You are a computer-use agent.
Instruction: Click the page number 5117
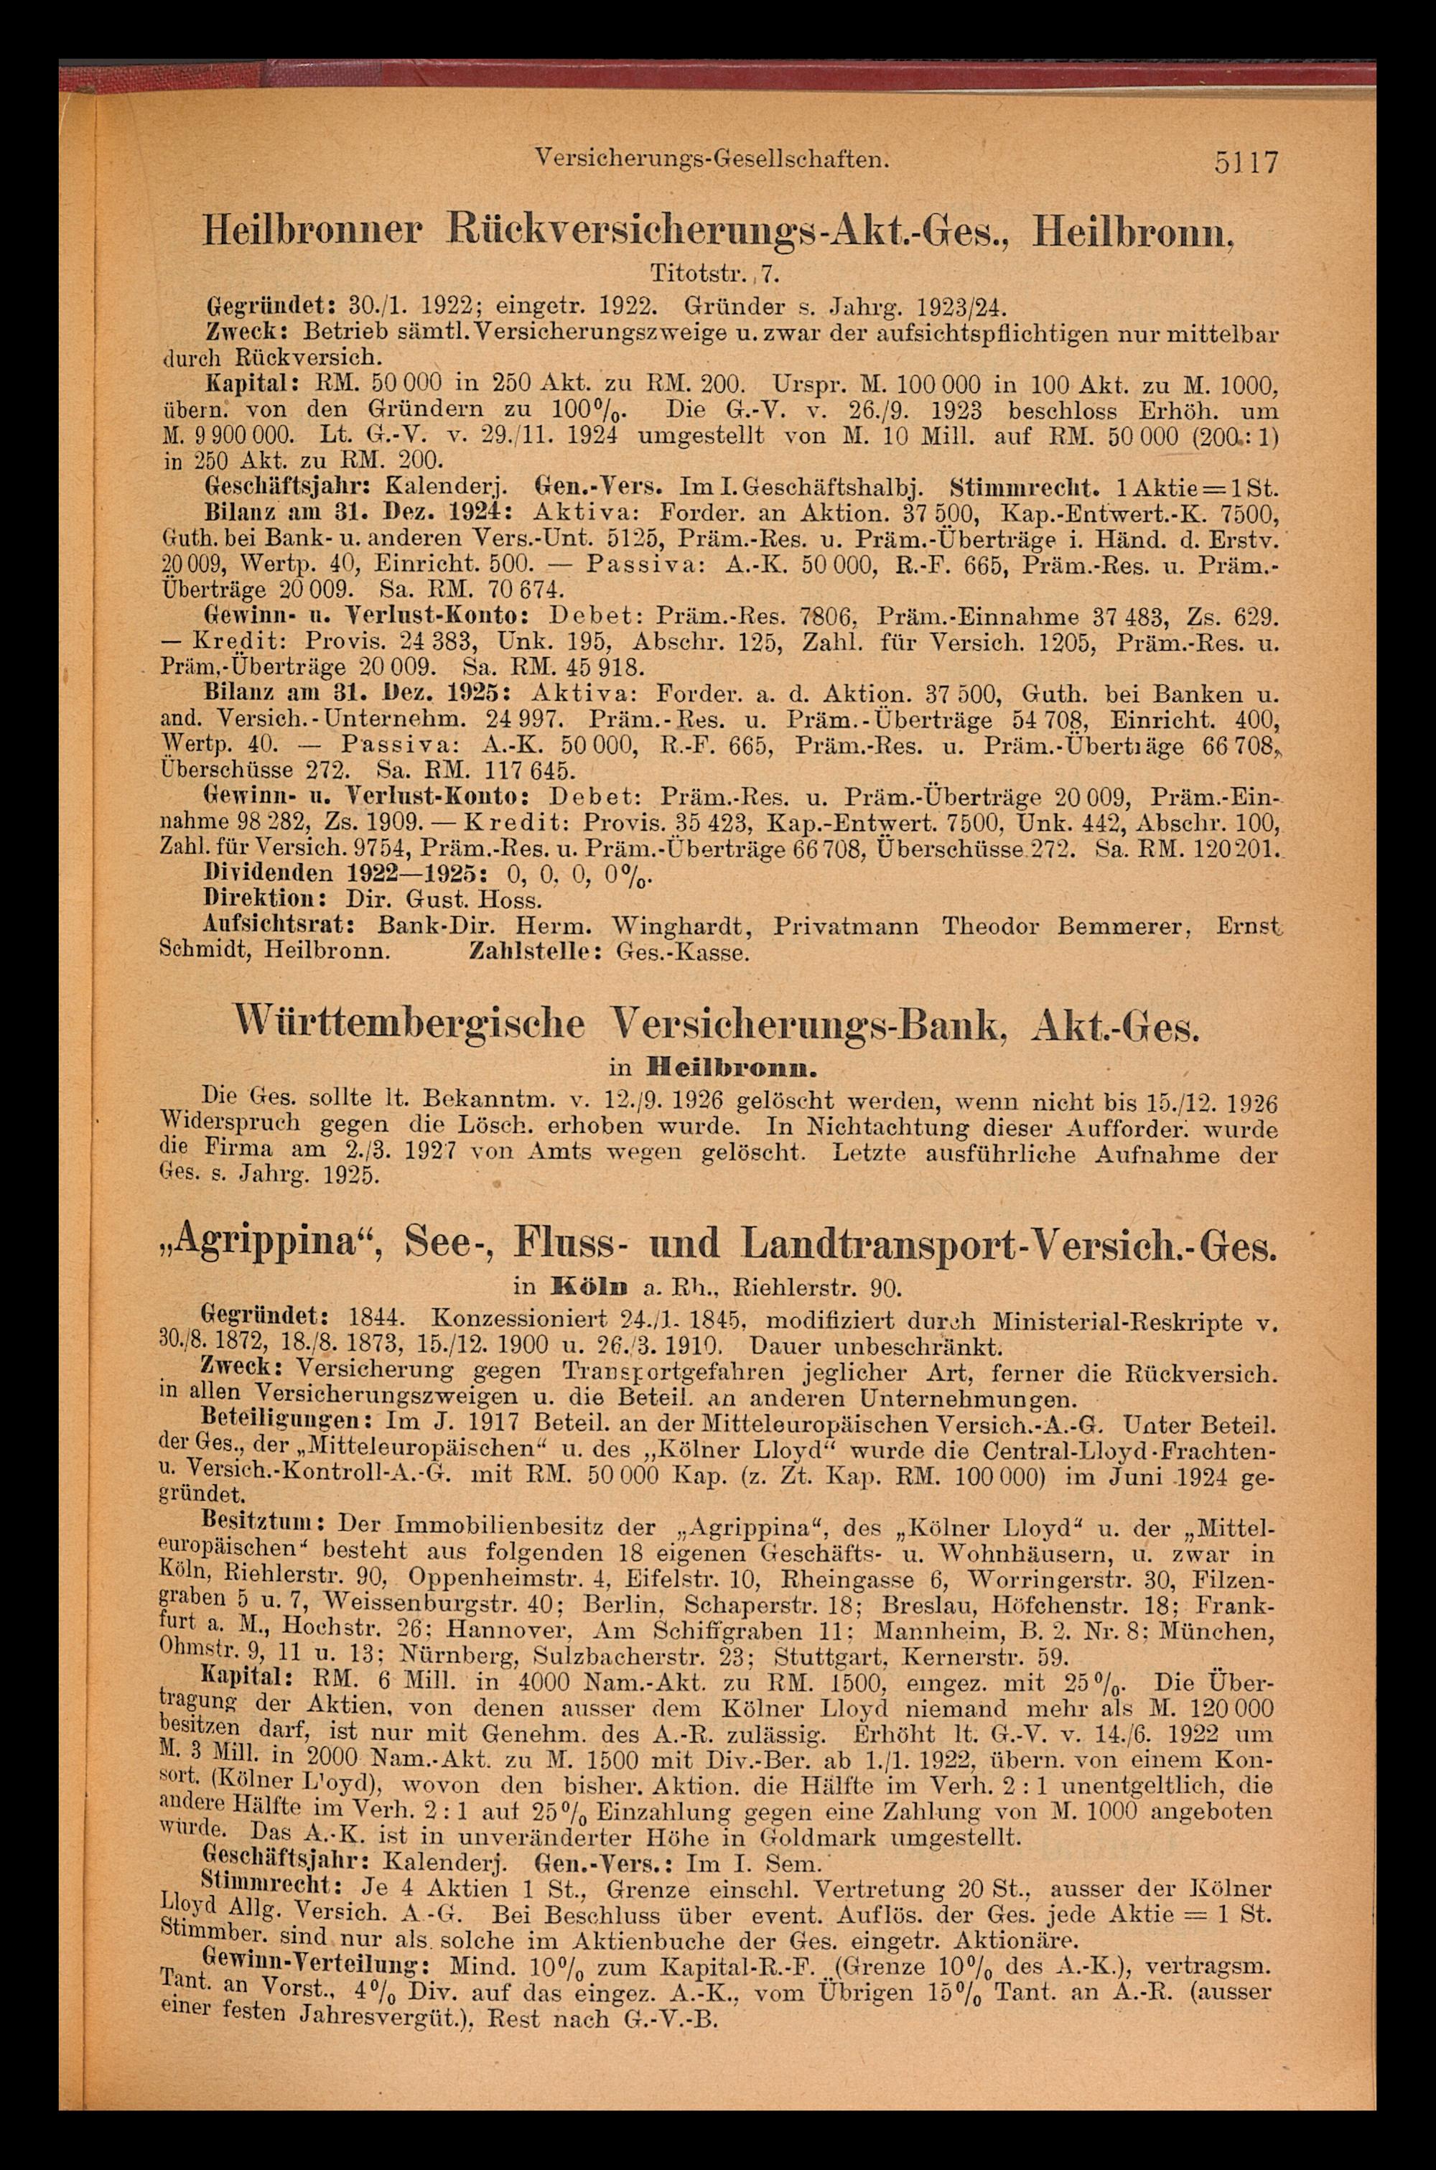point(1246,164)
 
